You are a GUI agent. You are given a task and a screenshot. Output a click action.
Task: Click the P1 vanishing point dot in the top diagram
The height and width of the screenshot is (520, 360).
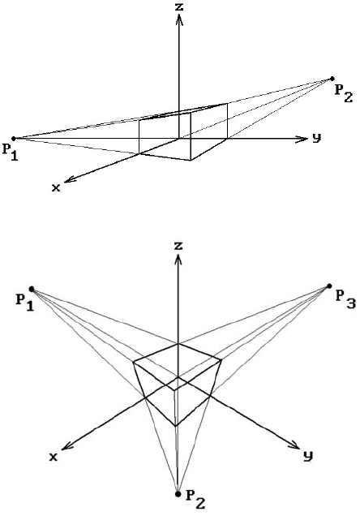point(14,138)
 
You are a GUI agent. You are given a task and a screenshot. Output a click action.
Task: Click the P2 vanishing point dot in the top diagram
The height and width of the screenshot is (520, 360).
point(332,79)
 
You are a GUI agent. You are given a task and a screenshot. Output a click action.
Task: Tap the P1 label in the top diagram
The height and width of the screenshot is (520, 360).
point(11,152)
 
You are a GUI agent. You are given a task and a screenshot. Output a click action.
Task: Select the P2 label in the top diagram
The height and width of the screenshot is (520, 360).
point(344,93)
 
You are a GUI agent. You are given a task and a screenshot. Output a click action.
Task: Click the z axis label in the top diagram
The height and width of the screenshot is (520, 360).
point(179,6)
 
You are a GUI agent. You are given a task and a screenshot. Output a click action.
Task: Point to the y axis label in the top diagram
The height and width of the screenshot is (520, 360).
point(317,138)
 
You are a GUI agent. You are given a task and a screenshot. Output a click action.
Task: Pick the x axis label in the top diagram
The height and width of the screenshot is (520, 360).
point(56,188)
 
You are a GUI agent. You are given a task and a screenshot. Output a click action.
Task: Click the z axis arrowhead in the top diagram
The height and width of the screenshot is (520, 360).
point(179,19)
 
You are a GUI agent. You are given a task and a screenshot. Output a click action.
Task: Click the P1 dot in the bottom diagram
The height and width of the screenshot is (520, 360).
point(32,289)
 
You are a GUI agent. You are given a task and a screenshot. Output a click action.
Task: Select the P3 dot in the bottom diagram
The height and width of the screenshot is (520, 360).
point(329,286)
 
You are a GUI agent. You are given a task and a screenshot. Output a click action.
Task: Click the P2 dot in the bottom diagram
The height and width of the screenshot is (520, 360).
point(178,494)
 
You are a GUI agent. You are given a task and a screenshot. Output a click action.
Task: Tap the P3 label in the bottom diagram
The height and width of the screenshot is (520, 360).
point(345,299)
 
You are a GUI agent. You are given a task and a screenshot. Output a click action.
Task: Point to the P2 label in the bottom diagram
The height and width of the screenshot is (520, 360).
point(195,499)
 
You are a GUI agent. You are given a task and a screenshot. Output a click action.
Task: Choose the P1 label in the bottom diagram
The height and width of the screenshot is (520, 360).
point(25,303)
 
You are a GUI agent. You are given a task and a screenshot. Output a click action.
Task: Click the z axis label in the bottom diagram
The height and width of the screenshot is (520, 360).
point(179,246)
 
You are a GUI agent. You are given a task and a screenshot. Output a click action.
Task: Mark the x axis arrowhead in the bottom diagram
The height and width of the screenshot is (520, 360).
point(66,446)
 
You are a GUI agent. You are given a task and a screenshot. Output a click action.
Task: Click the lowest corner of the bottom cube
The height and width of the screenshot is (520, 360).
point(175,426)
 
